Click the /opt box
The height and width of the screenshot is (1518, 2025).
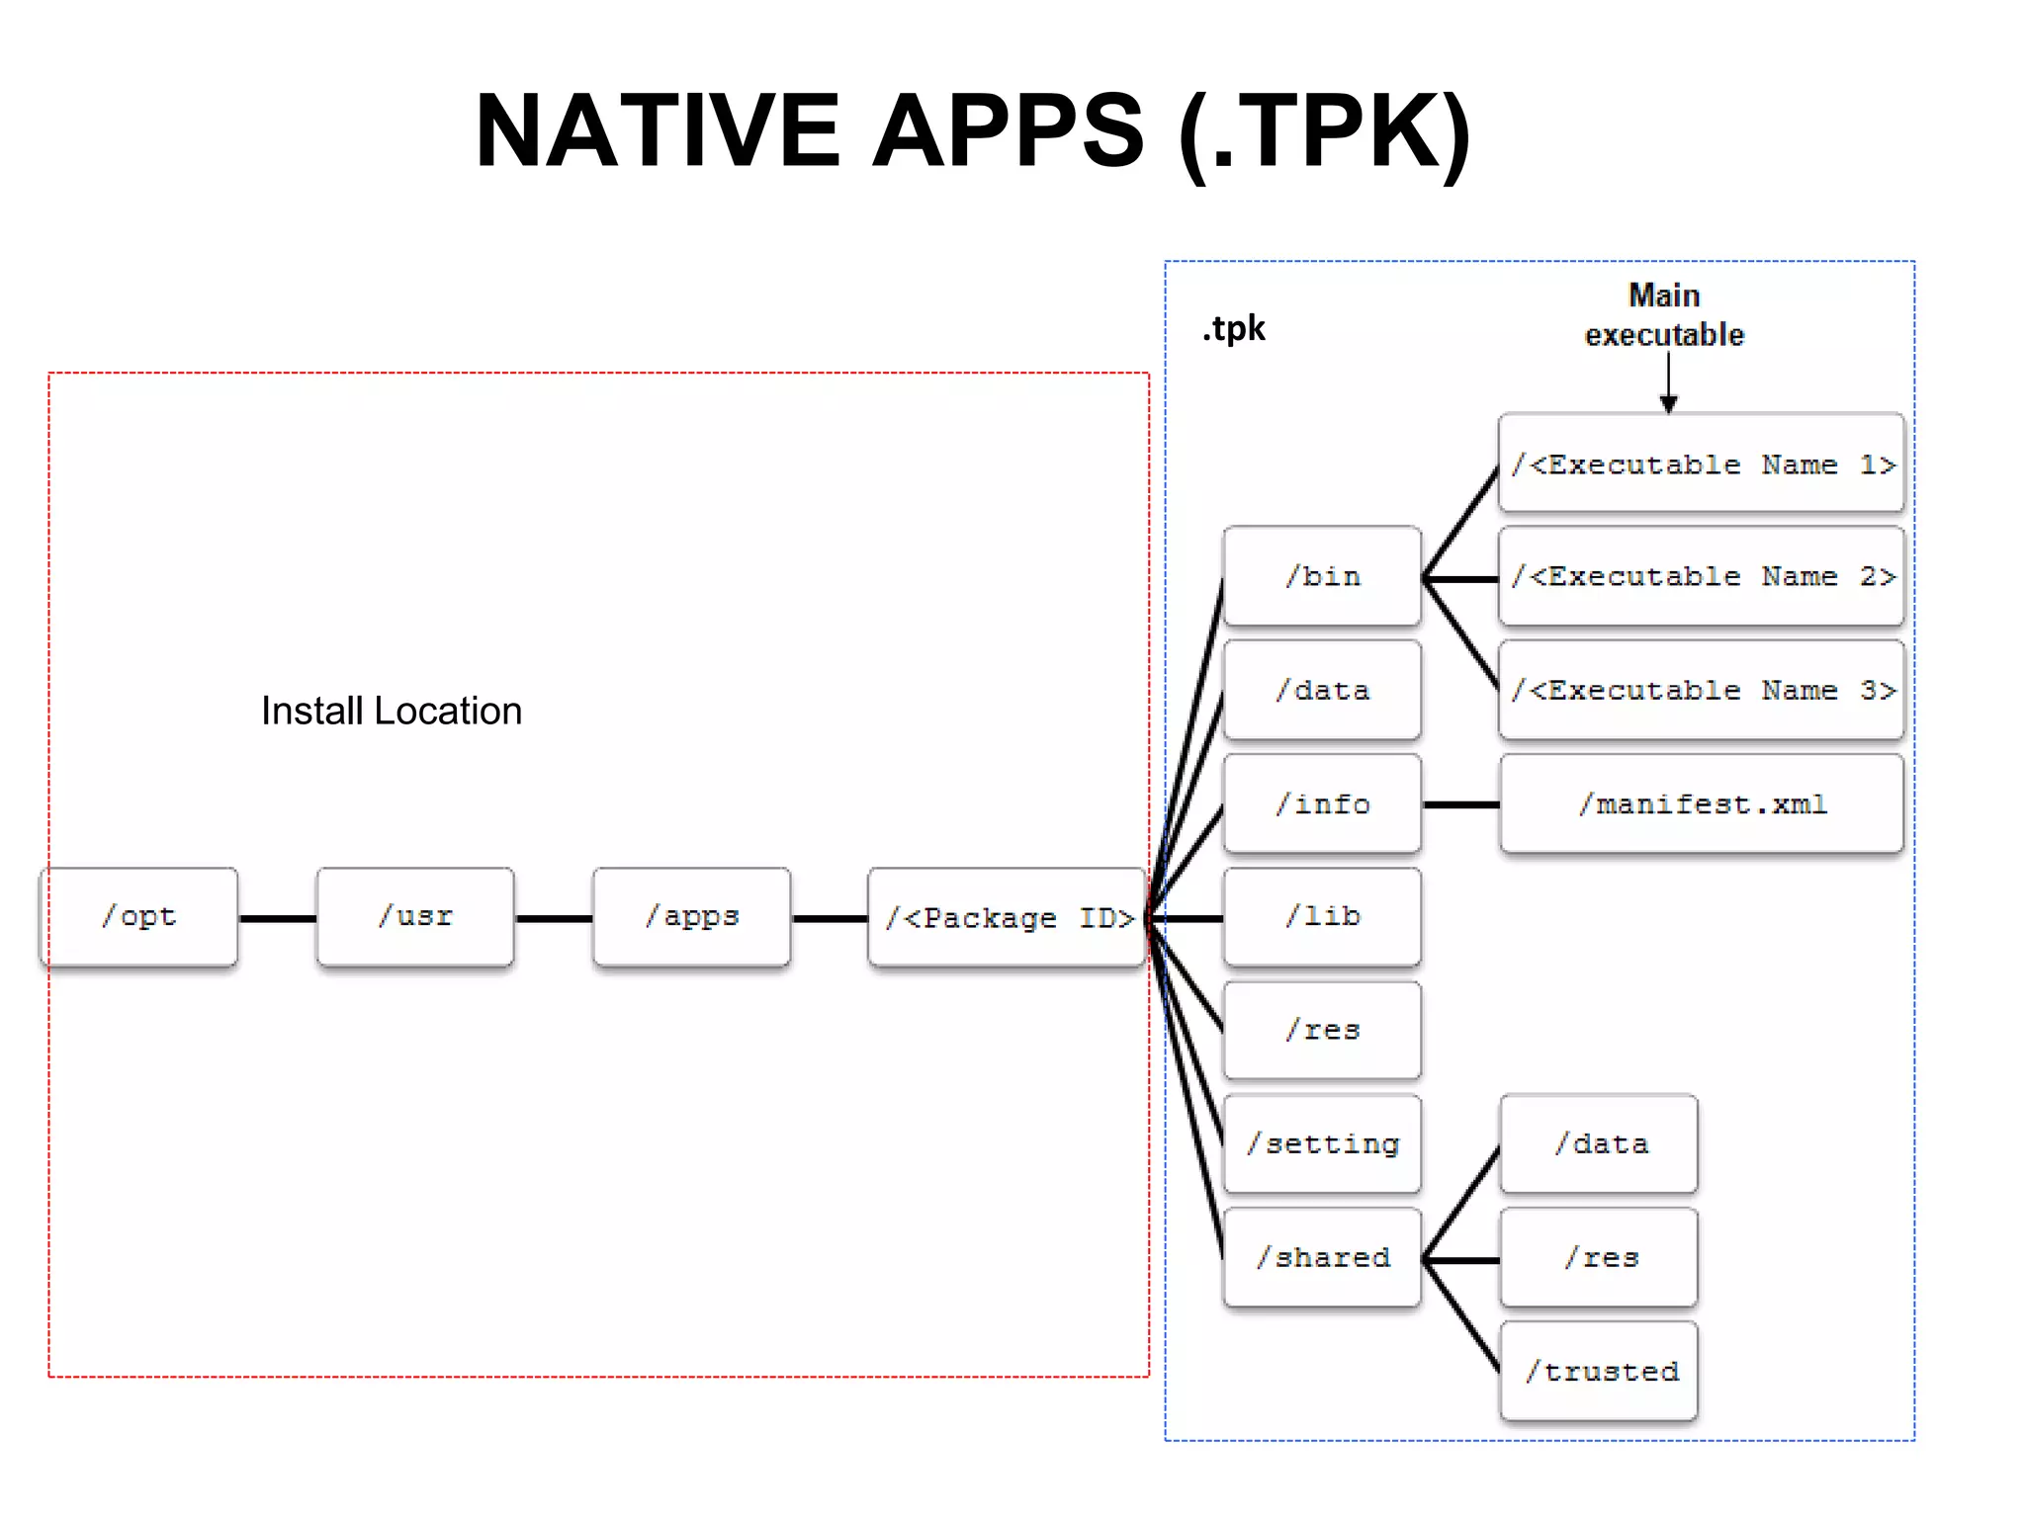(138, 917)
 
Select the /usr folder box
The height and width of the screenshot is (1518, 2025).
(415, 917)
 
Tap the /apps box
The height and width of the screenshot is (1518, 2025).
(691, 917)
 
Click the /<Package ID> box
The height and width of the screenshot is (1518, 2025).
(1007, 917)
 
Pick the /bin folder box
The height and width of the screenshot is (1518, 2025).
(1322, 576)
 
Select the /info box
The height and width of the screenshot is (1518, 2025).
(1322, 803)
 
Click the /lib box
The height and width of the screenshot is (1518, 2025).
(1322, 917)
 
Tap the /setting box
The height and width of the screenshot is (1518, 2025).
(1322, 1144)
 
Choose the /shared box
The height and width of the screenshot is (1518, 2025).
(1322, 1258)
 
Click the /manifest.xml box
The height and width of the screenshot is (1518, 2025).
(1701, 803)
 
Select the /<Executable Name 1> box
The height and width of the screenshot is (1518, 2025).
(1701, 464)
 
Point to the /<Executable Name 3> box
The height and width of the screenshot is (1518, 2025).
(1701, 690)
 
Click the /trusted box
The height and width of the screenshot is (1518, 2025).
(1599, 1372)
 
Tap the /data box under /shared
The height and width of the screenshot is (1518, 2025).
(1599, 1144)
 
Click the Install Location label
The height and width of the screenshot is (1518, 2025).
(391, 711)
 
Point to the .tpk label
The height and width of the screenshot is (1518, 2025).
(1233, 328)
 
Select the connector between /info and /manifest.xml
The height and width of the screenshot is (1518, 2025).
(1460, 805)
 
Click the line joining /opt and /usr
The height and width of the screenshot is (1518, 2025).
(277, 918)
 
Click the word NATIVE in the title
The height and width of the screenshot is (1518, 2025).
(657, 130)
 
